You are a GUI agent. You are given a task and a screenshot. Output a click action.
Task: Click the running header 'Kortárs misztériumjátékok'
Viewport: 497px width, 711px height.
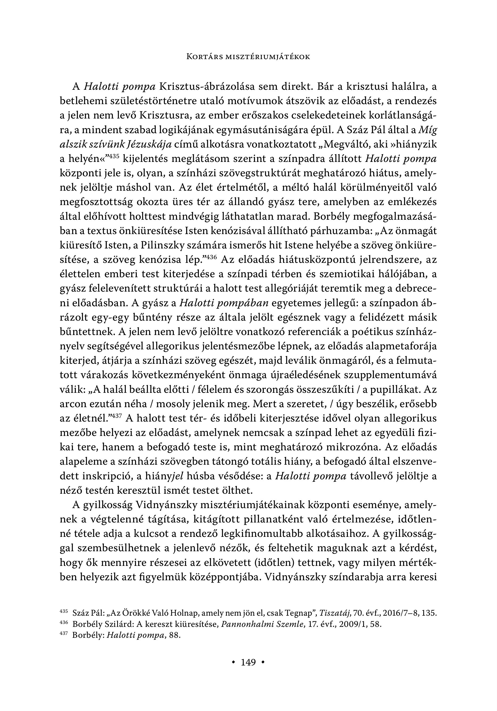coord(248,57)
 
